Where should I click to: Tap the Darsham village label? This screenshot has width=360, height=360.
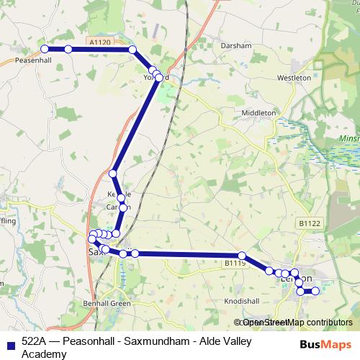click(237, 45)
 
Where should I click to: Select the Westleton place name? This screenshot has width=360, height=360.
click(294, 77)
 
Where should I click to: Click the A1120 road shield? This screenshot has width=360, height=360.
click(102, 43)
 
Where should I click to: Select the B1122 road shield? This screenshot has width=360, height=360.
click(309, 224)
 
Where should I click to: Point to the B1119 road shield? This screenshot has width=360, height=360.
click(235, 264)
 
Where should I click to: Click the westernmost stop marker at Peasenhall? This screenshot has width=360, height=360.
click(45, 49)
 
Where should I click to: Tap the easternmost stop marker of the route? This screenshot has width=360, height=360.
click(315, 291)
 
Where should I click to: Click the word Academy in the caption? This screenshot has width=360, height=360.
click(45, 354)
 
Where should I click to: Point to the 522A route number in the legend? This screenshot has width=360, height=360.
click(37, 341)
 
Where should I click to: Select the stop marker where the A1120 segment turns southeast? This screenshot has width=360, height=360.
click(132, 49)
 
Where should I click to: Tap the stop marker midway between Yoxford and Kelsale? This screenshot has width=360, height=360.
click(113, 174)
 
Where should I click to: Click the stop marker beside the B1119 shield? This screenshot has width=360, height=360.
click(243, 256)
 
